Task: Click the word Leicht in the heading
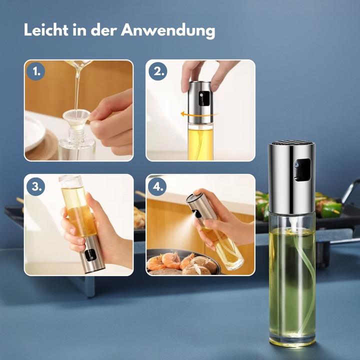point(46,30)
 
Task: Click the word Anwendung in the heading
point(168,30)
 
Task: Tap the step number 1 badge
point(36,71)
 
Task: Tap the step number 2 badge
point(157,71)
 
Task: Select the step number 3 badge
point(36,186)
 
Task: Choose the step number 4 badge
point(157,186)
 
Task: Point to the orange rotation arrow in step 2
point(199,114)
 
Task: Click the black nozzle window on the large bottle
point(302,169)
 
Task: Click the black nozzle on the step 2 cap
point(204,98)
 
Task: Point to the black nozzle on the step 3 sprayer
point(90,255)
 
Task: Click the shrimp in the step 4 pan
point(171,260)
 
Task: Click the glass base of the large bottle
point(292,338)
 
